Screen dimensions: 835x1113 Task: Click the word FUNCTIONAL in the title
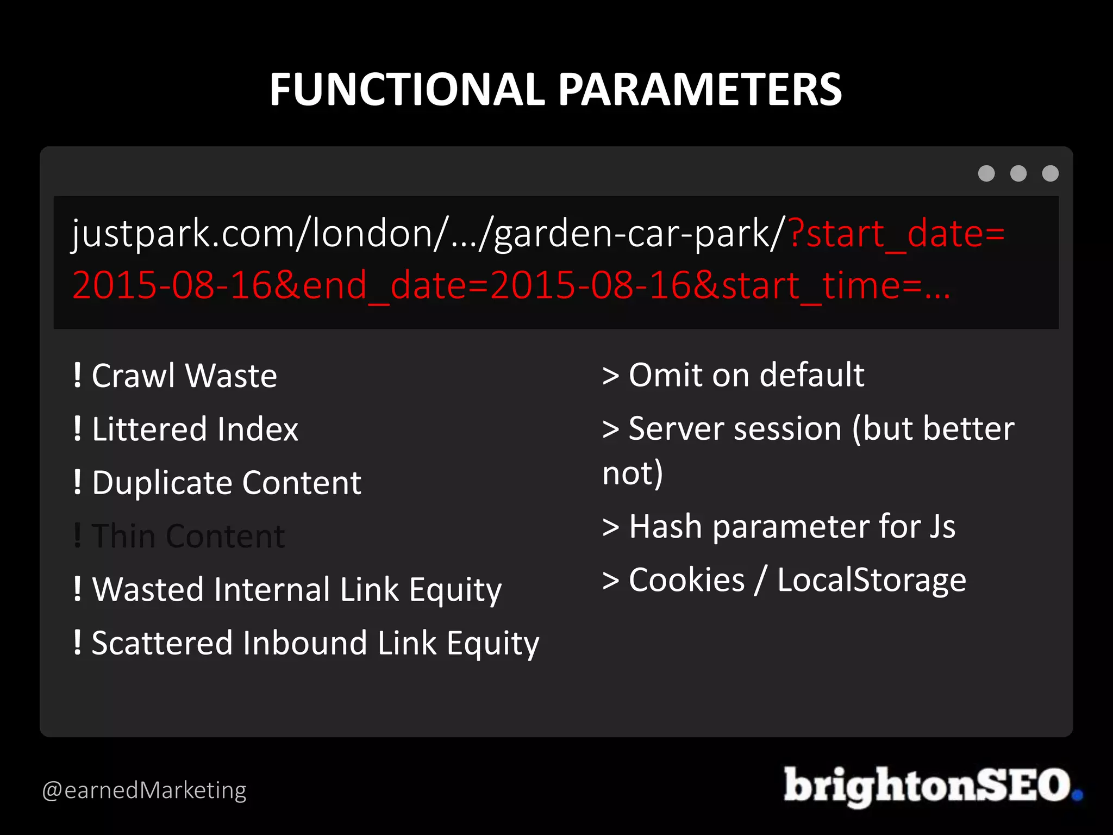(x=407, y=90)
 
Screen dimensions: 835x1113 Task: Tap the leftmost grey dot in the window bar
(x=986, y=173)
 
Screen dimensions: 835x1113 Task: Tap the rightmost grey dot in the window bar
(x=1051, y=173)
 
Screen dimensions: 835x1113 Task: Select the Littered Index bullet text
(x=195, y=429)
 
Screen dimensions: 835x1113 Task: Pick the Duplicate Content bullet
(x=226, y=483)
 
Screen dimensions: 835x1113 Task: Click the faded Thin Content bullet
(x=187, y=536)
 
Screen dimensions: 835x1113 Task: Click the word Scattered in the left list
(x=162, y=643)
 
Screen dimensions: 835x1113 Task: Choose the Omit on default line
(x=746, y=375)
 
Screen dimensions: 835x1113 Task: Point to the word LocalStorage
(x=871, y=580)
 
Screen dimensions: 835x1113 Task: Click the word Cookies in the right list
(x=686, y=580)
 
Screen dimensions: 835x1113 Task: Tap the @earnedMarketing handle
(x=144, y=790)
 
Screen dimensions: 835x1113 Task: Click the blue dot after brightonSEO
(x=1078, y=795)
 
